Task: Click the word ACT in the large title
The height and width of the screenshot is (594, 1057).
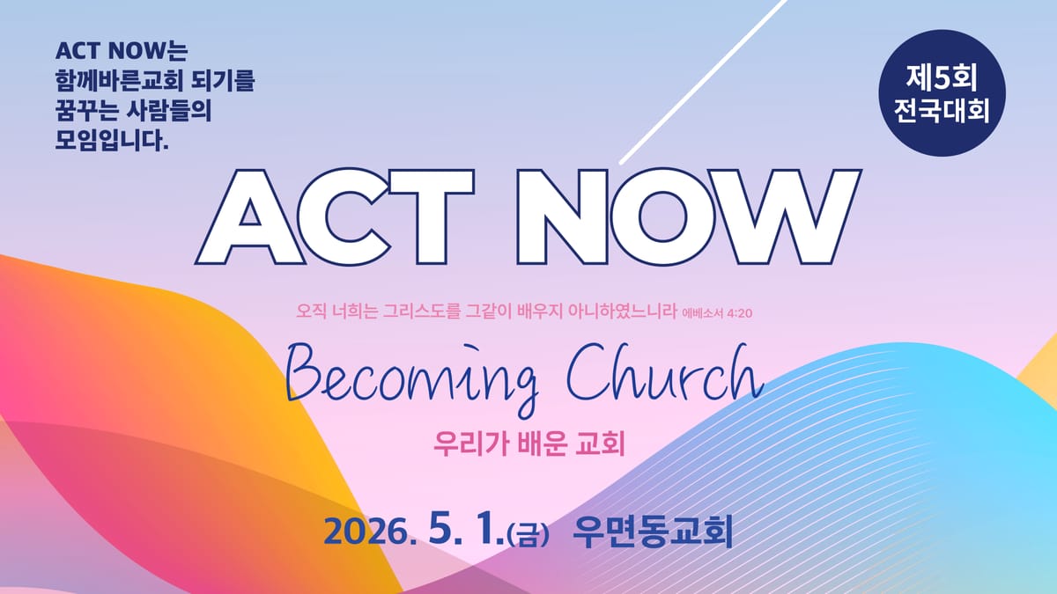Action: tap(335, 216)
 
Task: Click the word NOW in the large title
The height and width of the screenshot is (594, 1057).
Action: tap(689, 216)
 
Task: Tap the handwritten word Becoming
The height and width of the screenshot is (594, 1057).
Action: tap(413, 379)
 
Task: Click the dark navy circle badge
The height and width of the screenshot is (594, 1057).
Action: tap(942, 93)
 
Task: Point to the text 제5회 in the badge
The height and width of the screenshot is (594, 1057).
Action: tap(942, 77)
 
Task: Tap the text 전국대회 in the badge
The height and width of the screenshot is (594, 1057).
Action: tap(942, 110)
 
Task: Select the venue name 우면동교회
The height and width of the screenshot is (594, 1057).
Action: tap(653, 531)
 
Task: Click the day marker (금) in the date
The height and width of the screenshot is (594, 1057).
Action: tap(528, 536)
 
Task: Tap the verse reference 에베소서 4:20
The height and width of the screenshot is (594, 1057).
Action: tap(717, 313)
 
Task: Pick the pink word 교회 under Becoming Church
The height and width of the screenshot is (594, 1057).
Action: tap(600, 444)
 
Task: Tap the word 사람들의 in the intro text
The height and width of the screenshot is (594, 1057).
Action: tap(169, 110)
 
